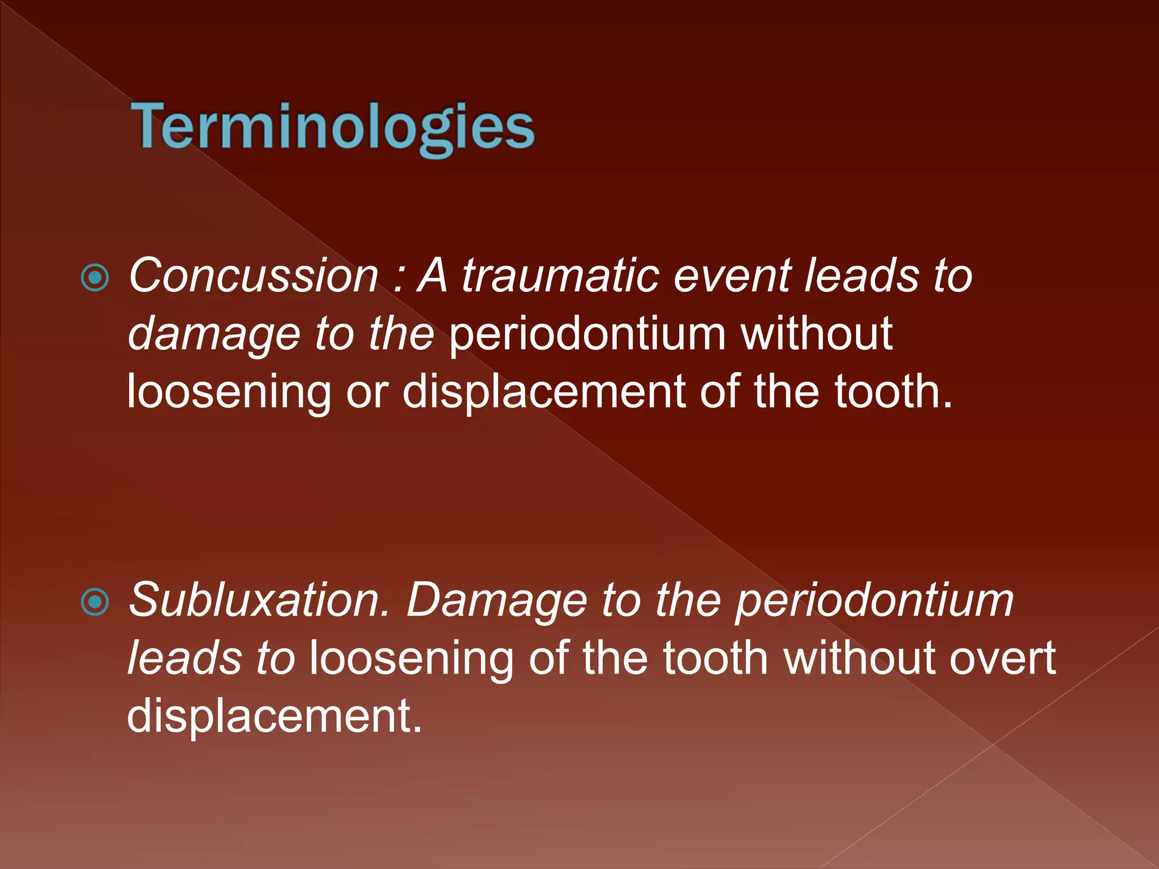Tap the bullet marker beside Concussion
tap(95, 277)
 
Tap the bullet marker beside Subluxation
tap(95, 602)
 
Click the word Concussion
tap(253, 276)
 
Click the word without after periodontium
tap(816, 334)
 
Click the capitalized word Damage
tap(496, 600)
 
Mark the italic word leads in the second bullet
tap(184, 659)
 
